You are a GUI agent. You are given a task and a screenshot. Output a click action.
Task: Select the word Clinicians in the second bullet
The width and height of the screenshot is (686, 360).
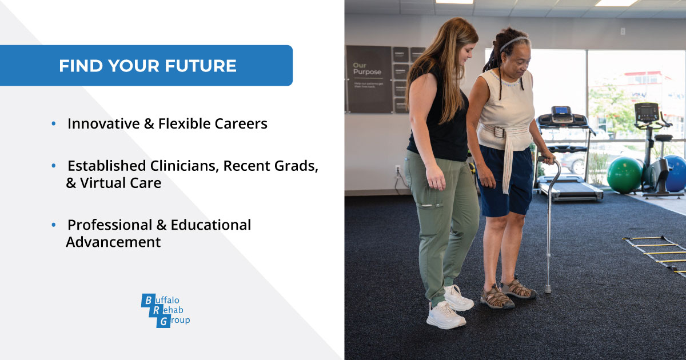[182, 166]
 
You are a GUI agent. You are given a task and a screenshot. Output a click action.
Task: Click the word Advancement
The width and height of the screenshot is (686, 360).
[113, 242]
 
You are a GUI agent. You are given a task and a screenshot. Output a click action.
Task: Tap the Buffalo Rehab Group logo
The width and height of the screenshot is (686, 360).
[165, 310]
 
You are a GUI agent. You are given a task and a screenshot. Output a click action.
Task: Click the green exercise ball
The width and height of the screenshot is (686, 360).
[624, 175]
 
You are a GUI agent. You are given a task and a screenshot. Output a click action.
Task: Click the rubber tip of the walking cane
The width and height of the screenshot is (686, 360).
[548, 290]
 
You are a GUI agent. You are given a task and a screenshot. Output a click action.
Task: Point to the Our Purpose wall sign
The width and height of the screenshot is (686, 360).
[368, 79]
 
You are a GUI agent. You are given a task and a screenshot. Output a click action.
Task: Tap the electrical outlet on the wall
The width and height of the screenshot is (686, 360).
[398, 170]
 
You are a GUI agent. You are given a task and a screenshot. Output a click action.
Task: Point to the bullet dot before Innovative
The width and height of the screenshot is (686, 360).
[54, 123]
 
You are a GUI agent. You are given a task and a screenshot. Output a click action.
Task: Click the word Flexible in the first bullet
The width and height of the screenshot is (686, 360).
[186, 123]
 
